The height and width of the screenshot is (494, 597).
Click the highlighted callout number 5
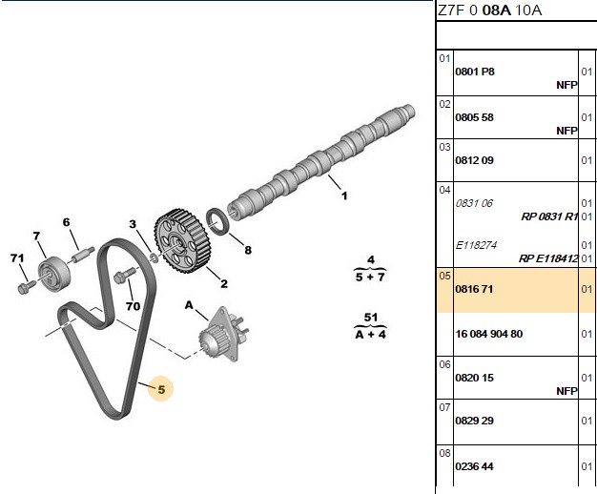coord(161,389)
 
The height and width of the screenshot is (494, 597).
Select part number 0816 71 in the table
coord(474,289)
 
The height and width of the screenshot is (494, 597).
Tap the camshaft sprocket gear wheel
coord(180,240)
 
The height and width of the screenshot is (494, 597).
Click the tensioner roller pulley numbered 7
coord(54,276)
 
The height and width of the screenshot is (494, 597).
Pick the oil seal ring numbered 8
coord(218,222)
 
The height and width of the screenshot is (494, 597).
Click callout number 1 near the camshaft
coord(344,196)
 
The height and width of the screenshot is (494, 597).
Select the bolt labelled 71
coord(26,287)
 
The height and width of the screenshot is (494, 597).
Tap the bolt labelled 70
coord(124,275)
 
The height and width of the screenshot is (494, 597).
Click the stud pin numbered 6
coord(83,255)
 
